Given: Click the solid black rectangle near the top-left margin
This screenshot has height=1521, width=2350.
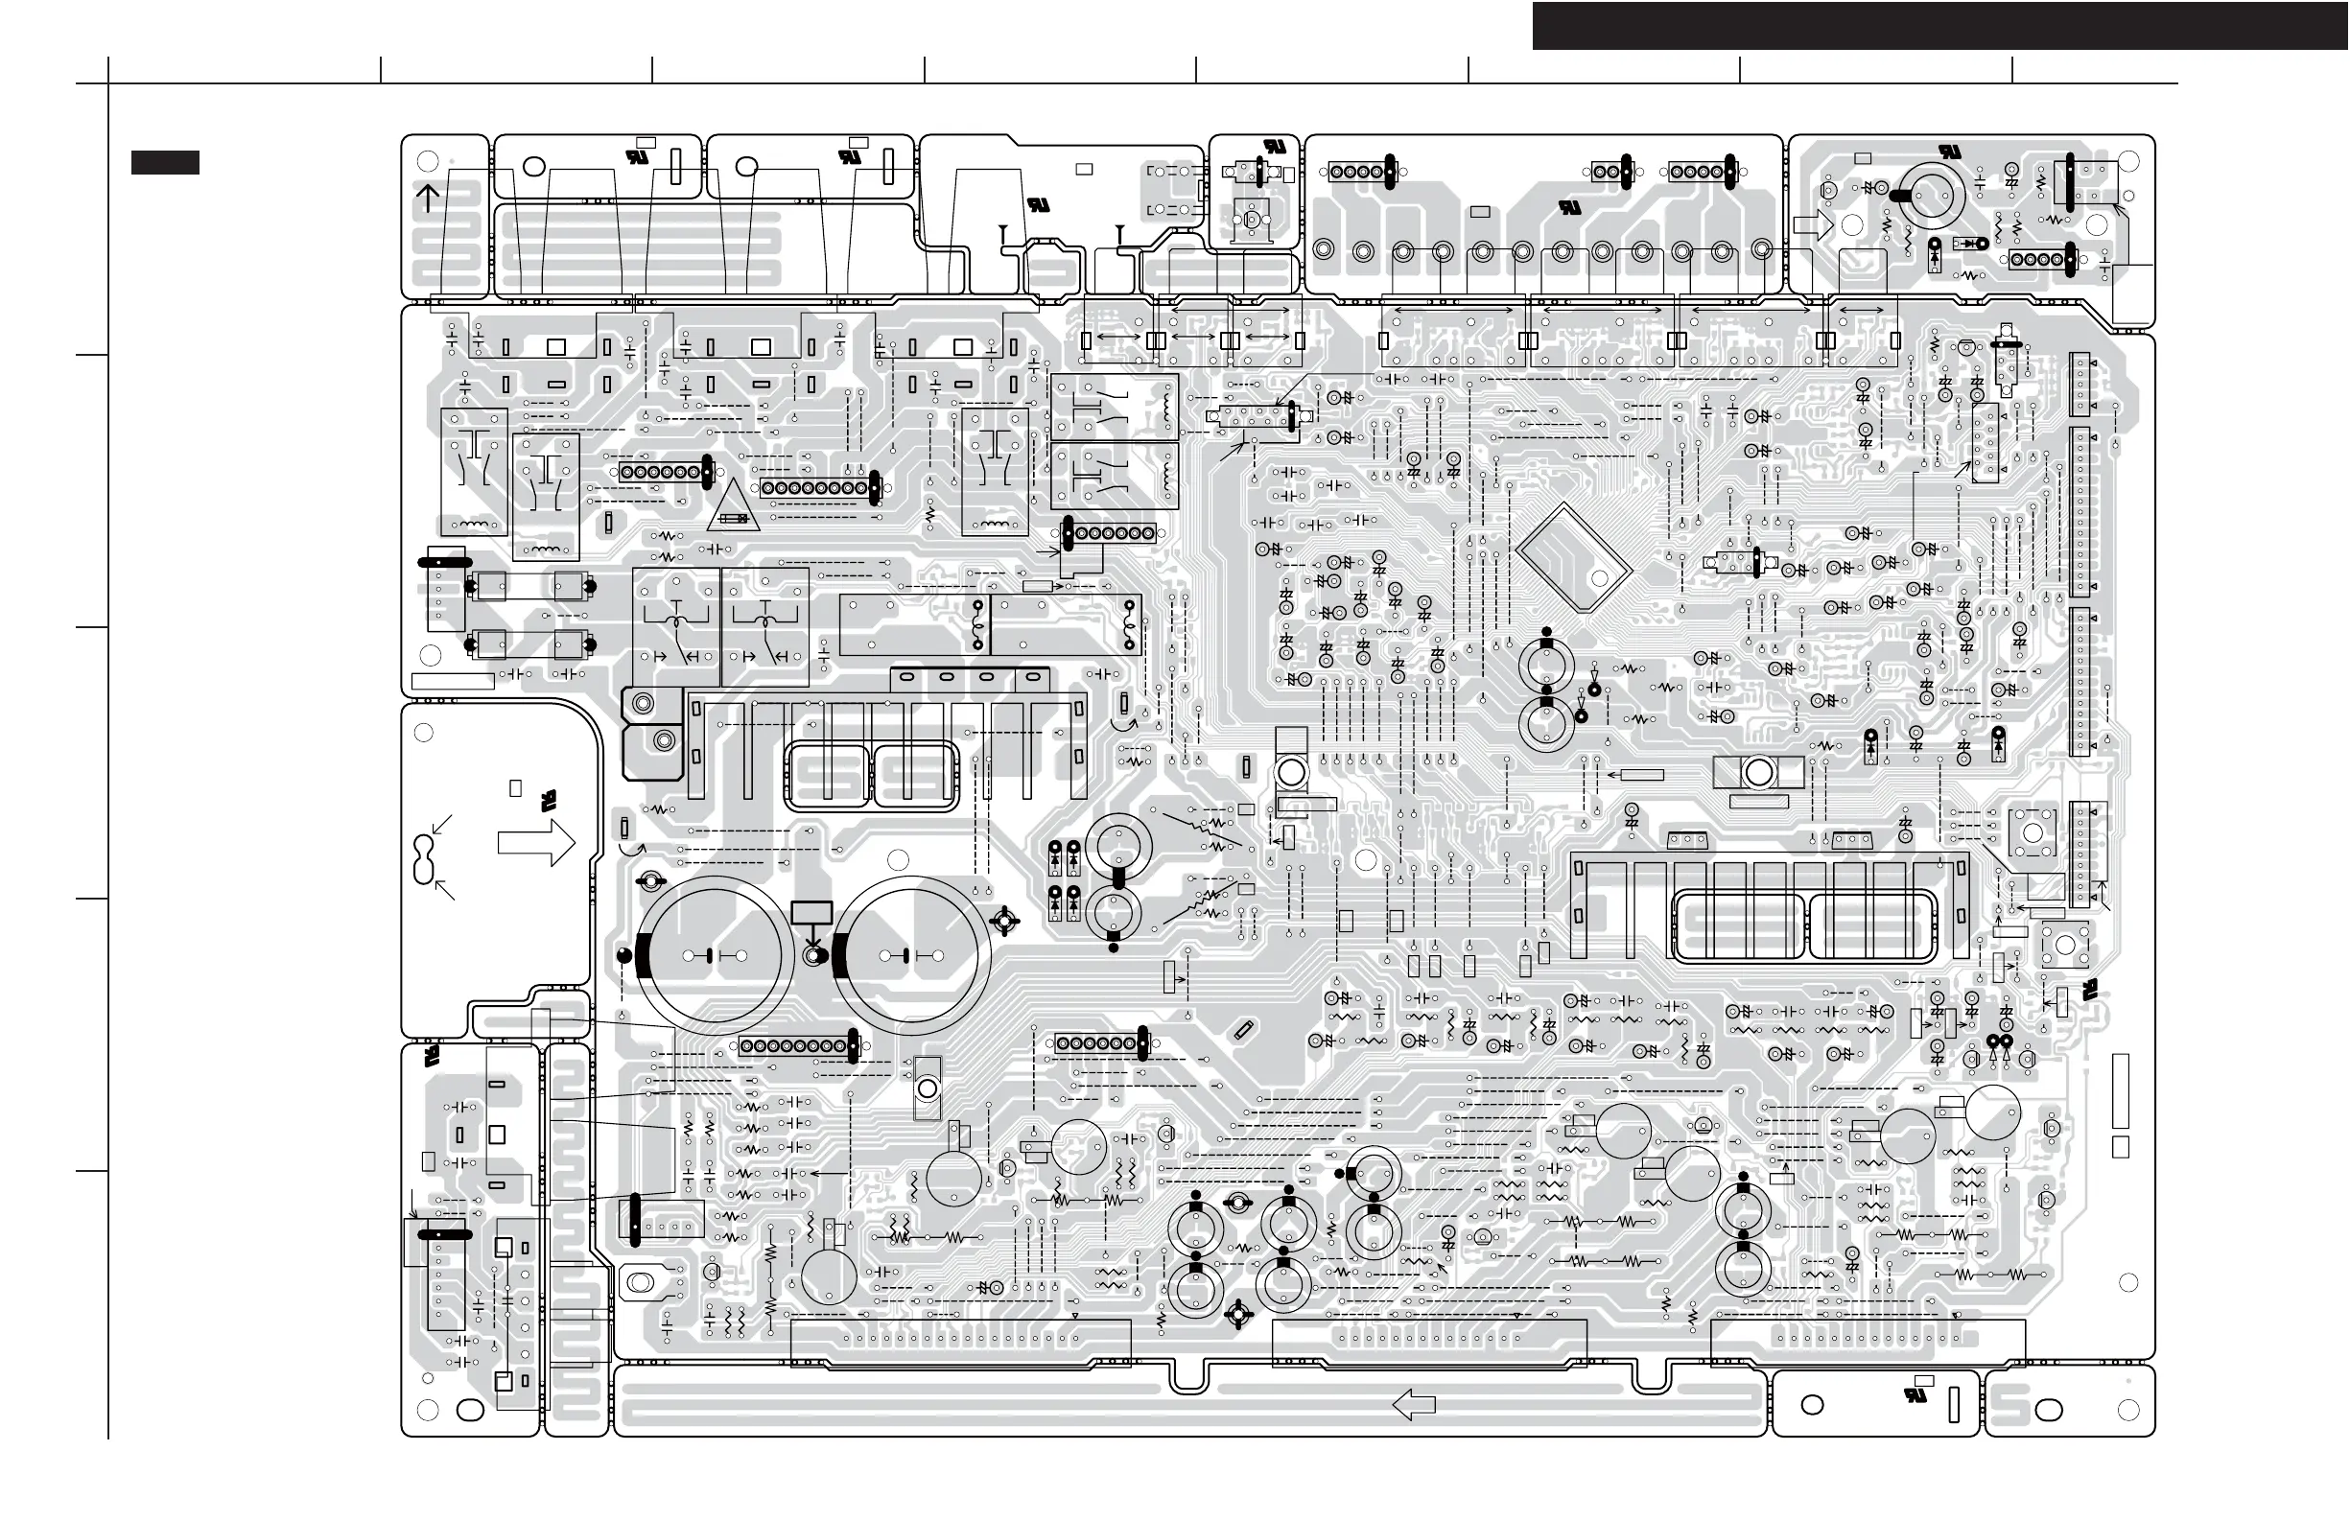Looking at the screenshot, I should [x=165, y=163].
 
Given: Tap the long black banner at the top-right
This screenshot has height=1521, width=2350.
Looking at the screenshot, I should [x=1939, y=26].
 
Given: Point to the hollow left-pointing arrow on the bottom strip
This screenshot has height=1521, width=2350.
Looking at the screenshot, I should [x=1413, y=1404].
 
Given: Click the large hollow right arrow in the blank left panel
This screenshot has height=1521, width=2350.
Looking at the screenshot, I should [x=536, y=844].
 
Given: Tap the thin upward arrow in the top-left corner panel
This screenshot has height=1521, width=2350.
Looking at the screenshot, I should [x=428, y=198].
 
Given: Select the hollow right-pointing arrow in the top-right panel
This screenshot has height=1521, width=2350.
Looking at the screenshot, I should [x=1813, y=226].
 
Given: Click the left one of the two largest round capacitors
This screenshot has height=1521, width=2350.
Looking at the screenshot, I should [x=713, y=955].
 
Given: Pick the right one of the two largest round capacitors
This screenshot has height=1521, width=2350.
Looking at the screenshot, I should [x=909, y=955].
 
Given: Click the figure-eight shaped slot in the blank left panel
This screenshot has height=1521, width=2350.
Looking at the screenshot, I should [x=425, y=858].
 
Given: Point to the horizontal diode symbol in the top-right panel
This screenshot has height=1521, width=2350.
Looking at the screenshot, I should [x=1972, y=243].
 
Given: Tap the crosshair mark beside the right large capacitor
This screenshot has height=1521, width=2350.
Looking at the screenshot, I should [x=1004, y=921].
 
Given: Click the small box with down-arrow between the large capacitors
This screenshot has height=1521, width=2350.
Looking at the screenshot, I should [x=811, y=914].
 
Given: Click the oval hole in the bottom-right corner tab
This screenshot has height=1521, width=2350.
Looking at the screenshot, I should [x=2049, y=1410].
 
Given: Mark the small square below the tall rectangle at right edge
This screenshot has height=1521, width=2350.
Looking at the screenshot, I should [x=2120, y=1147].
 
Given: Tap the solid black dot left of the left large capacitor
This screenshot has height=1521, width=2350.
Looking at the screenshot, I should [x=624, y=954].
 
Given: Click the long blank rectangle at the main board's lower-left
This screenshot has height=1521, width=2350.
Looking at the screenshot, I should [x=452, y=681].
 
